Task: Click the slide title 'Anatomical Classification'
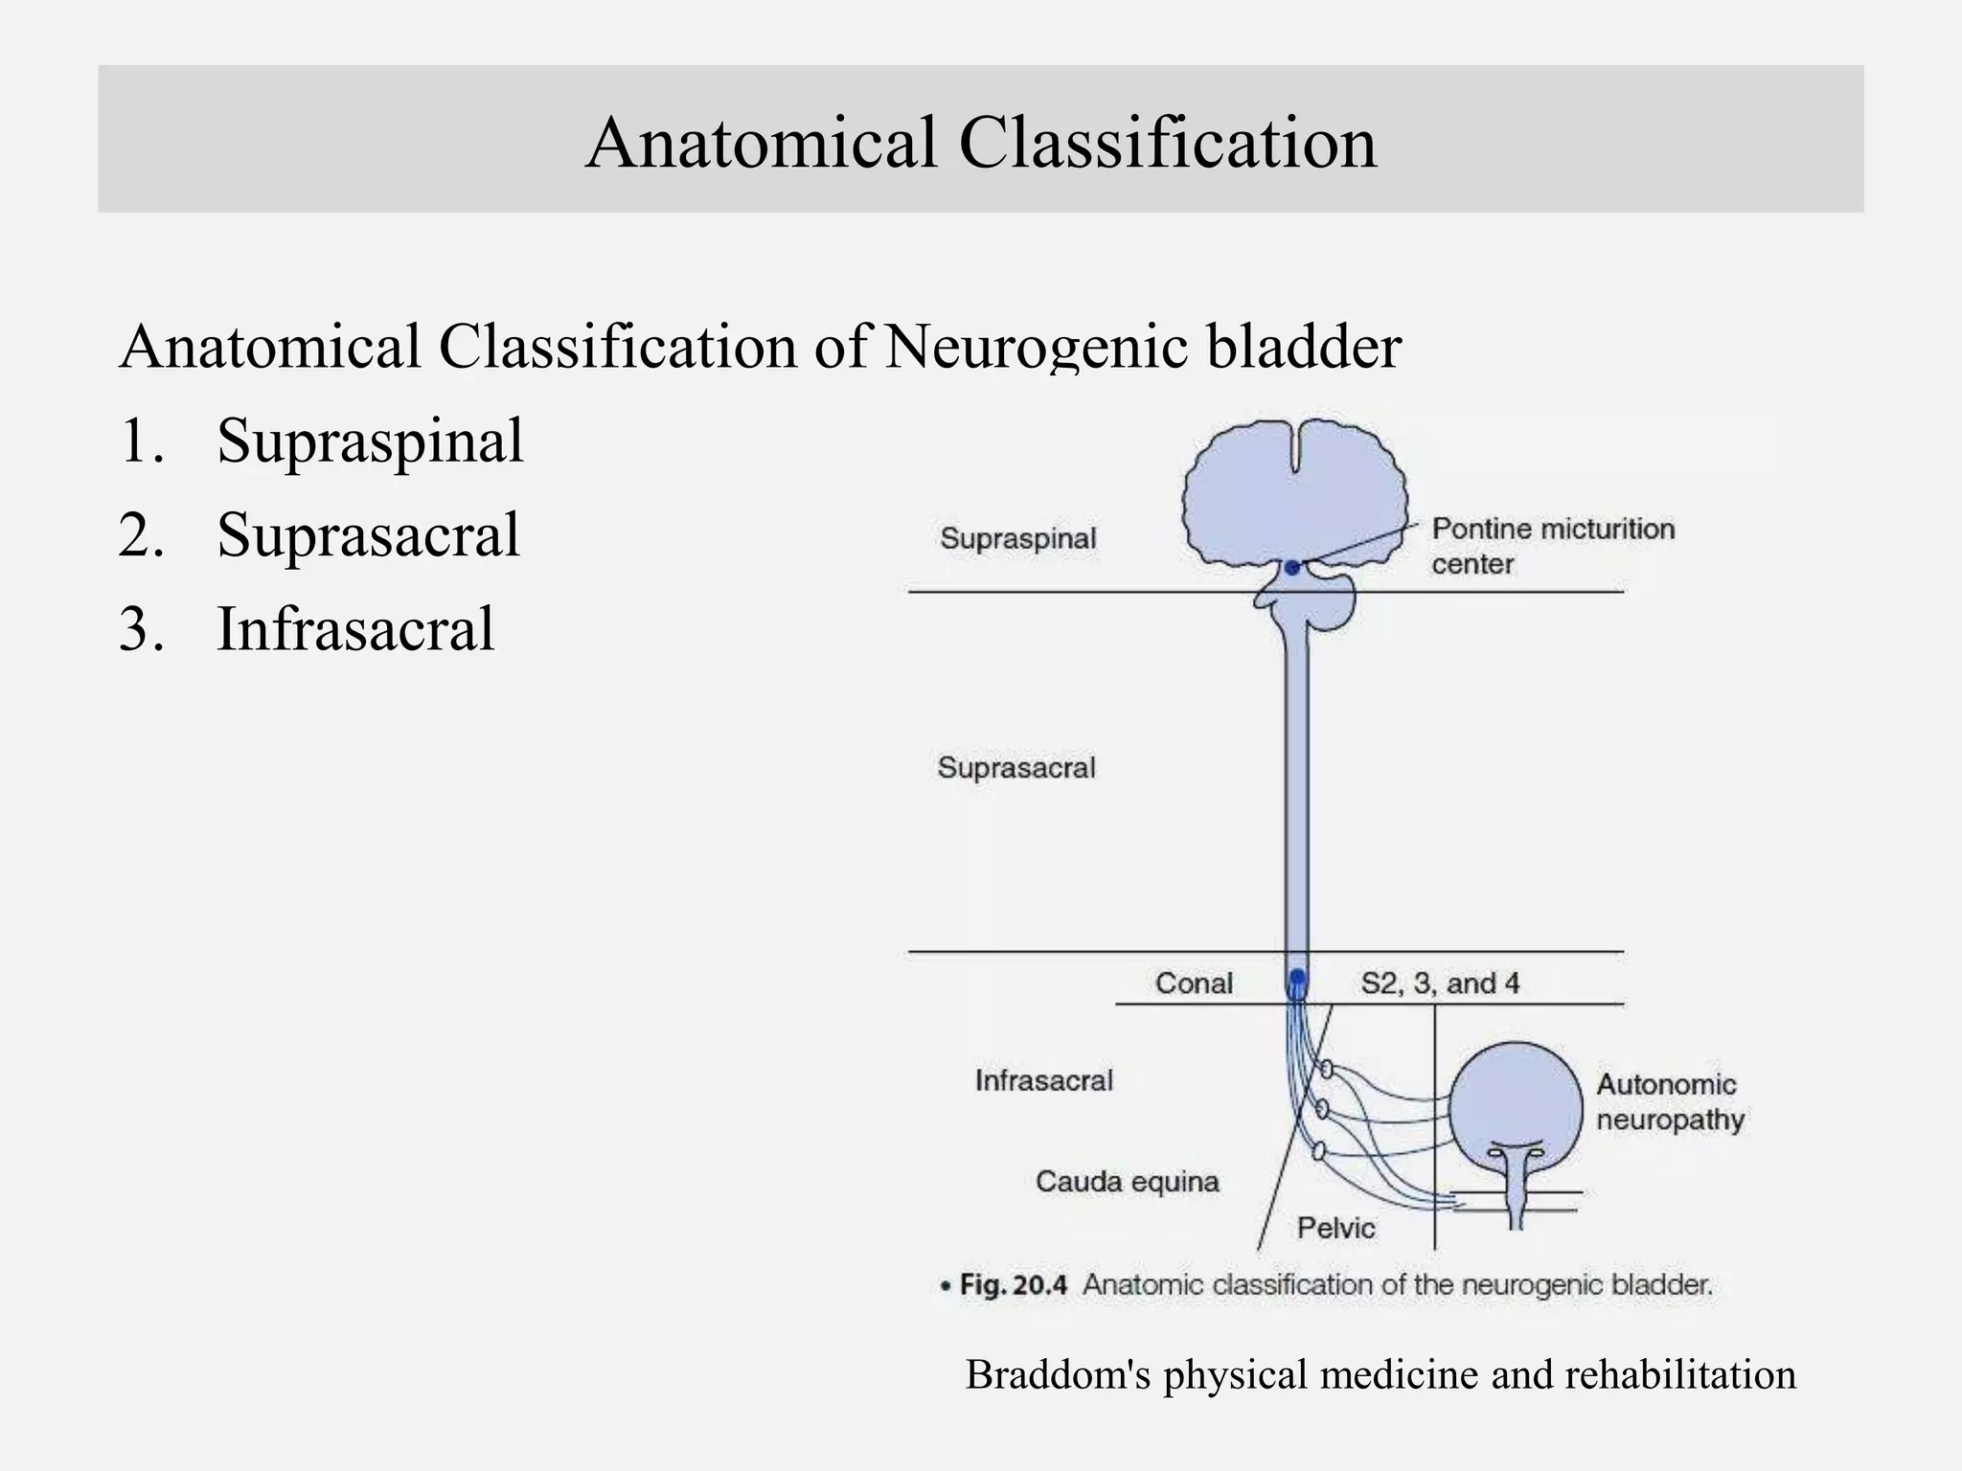[x=981, y=142]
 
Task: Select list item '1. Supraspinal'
[x=322, y=441]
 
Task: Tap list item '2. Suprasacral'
[x=320, y=534]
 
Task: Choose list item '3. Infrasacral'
[x=307, y=629]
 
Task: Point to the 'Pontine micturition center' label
[x=1552, y=546]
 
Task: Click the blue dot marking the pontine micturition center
[x=1292, y=568]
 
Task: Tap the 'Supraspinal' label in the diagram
[x=1017, y=538]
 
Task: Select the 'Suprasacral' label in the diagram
[x=1016, y=767]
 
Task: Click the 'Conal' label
[x=1194, y=984]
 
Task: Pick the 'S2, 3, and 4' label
[x=1440, y=984]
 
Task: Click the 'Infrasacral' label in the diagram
[x=1044, y=1080]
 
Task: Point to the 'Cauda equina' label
[x=1128, y=1181]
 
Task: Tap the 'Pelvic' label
[x=1335, y=1228]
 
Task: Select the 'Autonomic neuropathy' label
[x=1669, y=1101]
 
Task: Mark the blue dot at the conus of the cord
[x=1297, y=978]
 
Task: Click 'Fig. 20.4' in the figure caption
[x=1013, y=1284]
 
